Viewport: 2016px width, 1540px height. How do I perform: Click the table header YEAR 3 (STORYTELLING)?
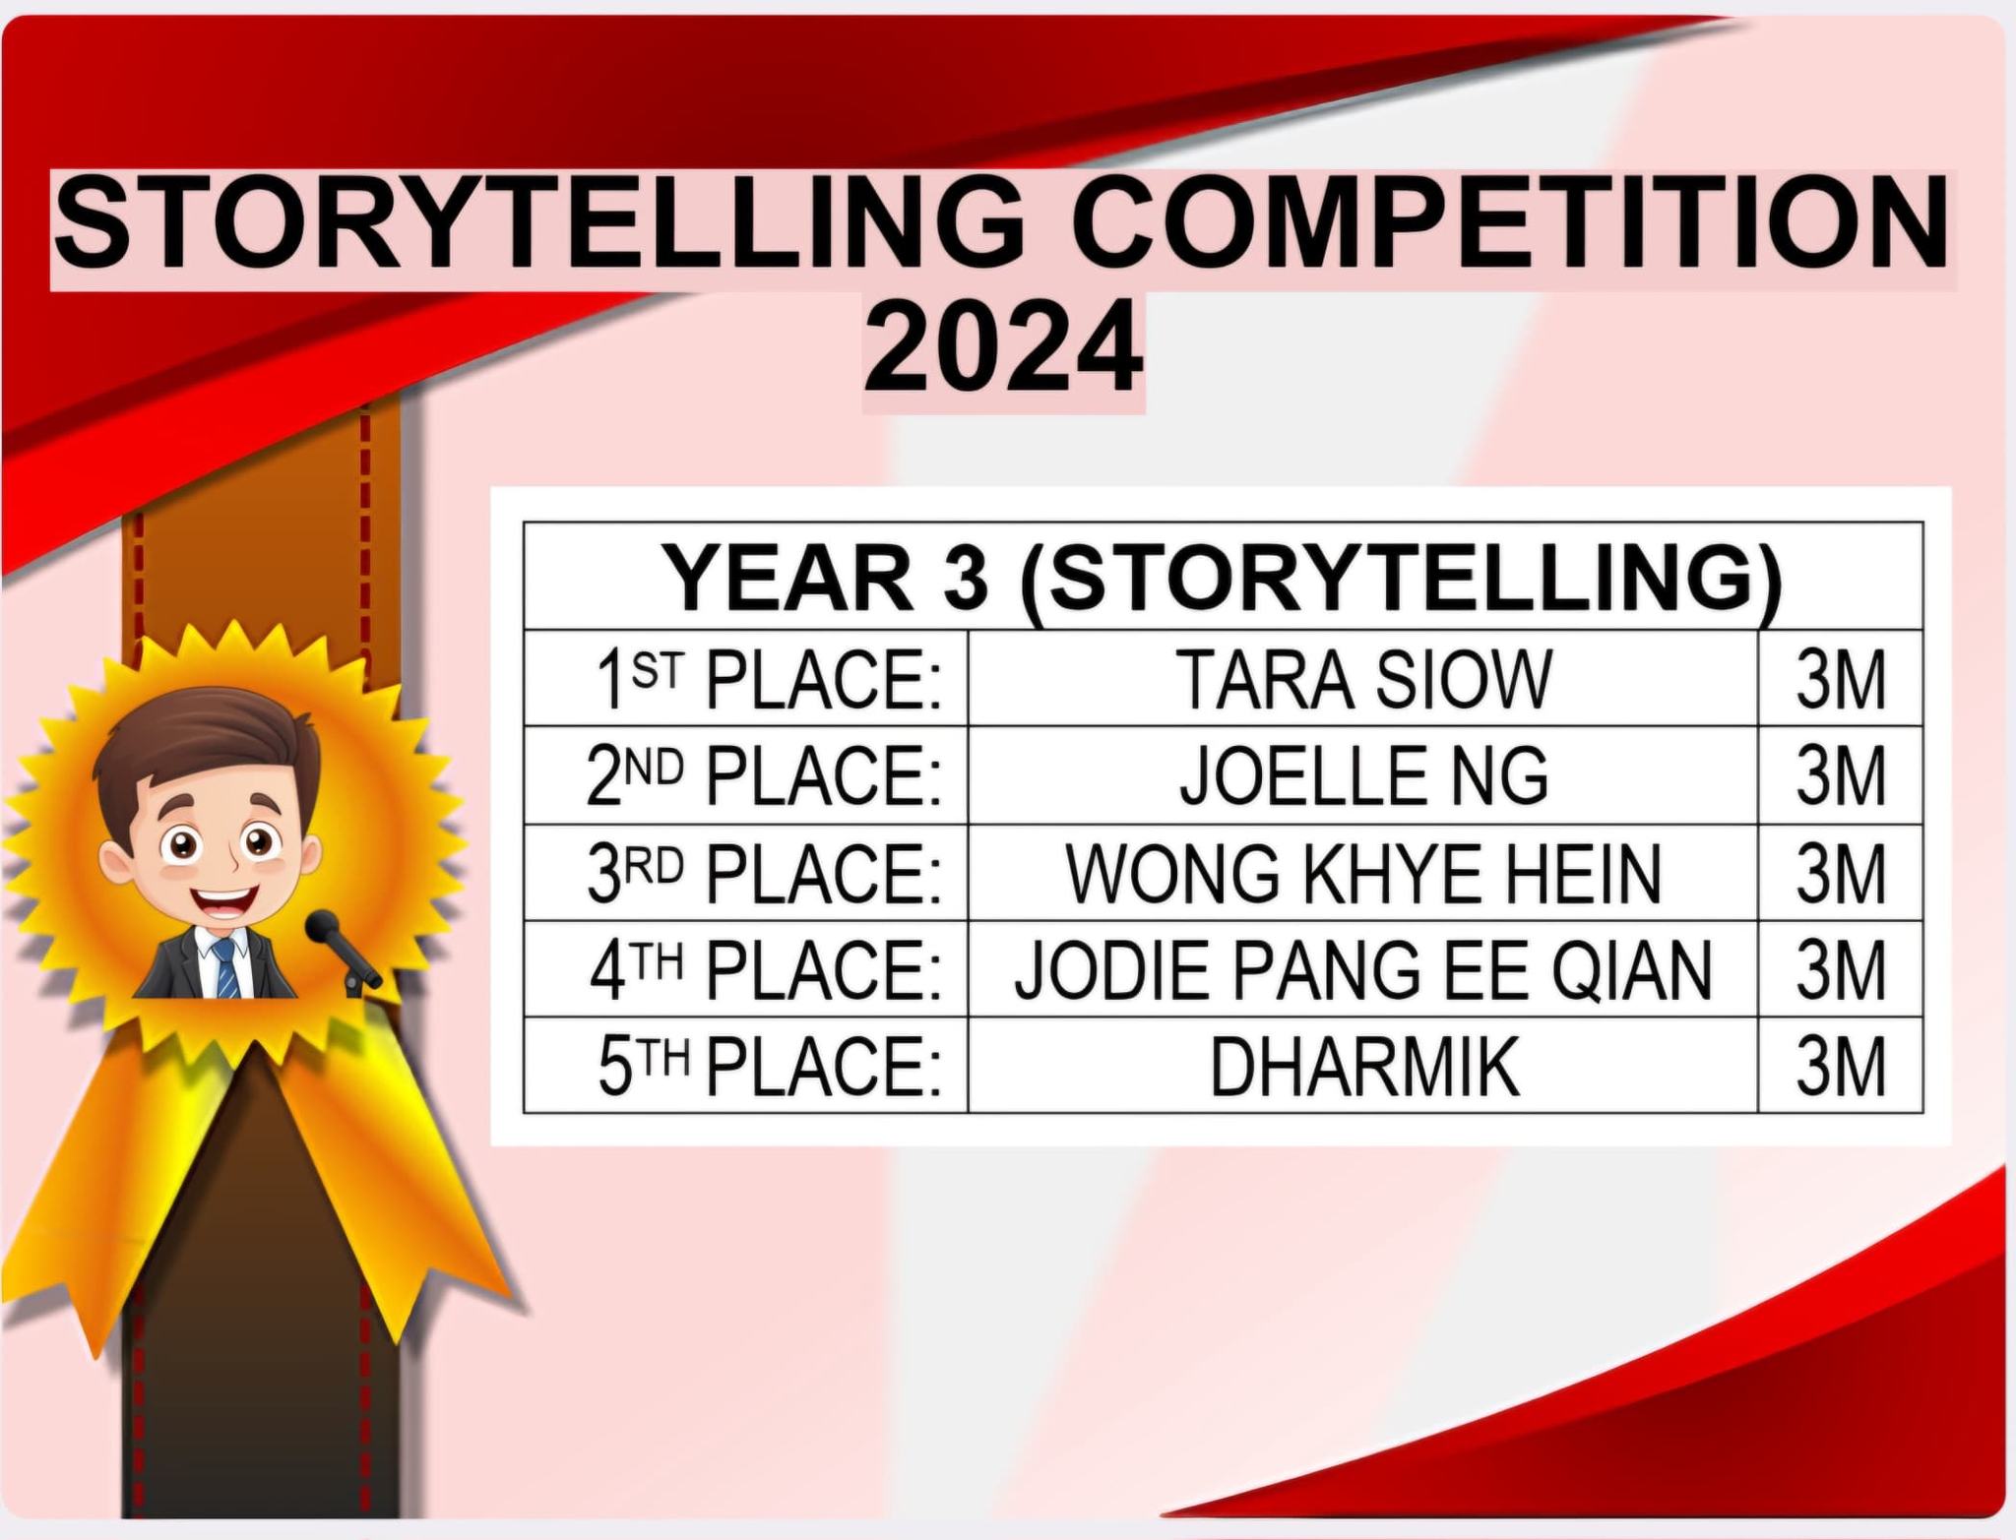pyautogui.click(x=1222, y=579)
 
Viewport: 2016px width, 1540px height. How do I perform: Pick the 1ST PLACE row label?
pyautogui.click(x=768, y=680)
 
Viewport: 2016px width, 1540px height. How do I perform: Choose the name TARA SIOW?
pyautogui.click(x=1363, y=679)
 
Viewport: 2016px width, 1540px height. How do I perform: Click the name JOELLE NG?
pyautogui.click(x=1363, y=775)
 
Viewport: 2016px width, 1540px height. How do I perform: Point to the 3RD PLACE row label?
pyautogui.click(x=764, y=873)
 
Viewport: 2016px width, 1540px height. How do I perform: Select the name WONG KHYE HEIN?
pyautogui.click(x=1363, y=873)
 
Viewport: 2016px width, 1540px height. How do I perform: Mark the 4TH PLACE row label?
pyautogui.click(x=766, y=970)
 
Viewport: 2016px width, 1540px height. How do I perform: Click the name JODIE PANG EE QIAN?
pyautogui.click(x=1363, y=970)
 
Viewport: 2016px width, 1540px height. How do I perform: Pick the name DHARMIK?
pyautogui.click(x=1363, y=1066)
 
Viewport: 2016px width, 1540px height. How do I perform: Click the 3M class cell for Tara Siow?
pyautogui.click(x=1840, y=680)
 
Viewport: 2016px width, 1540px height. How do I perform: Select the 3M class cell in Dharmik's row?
pyautogui.click(x=1840, y=1067)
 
